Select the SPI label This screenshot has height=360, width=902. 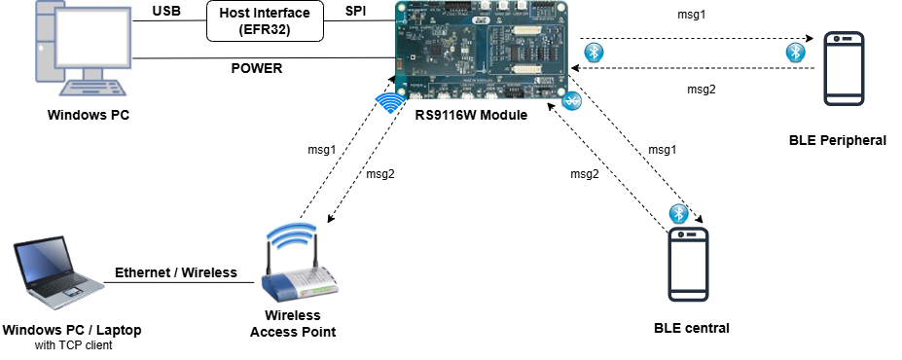tap(357, 13)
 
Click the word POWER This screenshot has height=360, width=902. tap(257, 69)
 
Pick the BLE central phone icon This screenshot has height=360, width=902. tap(688, 265)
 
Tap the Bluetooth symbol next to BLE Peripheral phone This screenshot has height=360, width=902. tap(795, 52)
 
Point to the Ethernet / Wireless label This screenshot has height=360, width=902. tap(176, 272)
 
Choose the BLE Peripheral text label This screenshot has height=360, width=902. tap(838, 140)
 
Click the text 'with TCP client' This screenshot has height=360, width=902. tap(72, 345)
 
